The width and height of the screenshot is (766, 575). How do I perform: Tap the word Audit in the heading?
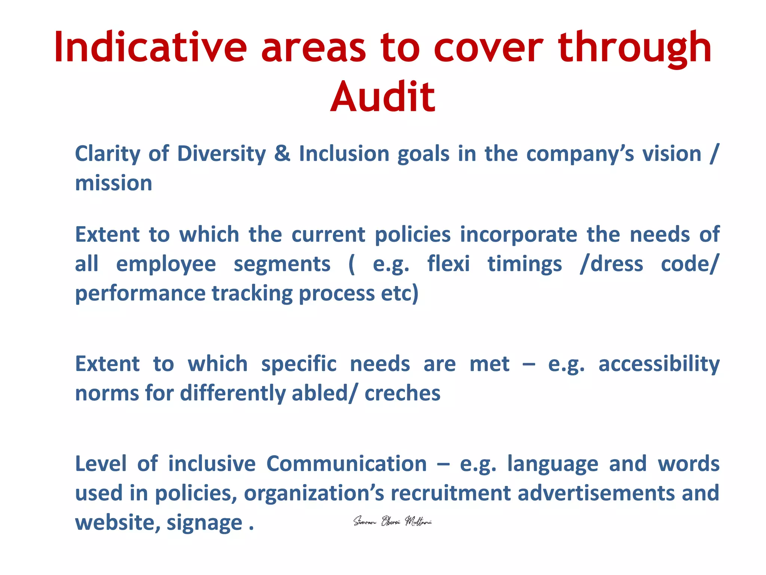(383, 97)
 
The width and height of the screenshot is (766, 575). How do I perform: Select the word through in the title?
(635, 48)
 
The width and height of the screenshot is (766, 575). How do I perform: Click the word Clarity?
(107, 154)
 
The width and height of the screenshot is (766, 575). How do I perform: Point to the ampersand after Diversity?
(282, 154)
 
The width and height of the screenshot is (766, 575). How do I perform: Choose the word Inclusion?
(344, 154)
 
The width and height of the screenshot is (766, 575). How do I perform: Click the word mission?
(114, 183)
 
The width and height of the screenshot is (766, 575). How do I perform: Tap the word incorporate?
(519, 235)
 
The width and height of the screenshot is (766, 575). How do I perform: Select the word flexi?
(448, 264)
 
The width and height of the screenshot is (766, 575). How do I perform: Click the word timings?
(524, 264)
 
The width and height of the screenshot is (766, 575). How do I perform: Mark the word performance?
(140, 293)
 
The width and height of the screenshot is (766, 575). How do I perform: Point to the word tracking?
(252, 293)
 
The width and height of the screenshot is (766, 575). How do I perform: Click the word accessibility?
(659, 364)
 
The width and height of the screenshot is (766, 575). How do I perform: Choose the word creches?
(402, 393)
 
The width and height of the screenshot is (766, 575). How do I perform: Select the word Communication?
(346, 464)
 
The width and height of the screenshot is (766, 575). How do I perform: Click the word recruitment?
(450, 493)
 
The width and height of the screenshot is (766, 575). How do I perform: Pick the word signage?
(204, 523)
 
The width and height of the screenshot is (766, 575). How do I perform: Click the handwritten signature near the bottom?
(392, 521)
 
